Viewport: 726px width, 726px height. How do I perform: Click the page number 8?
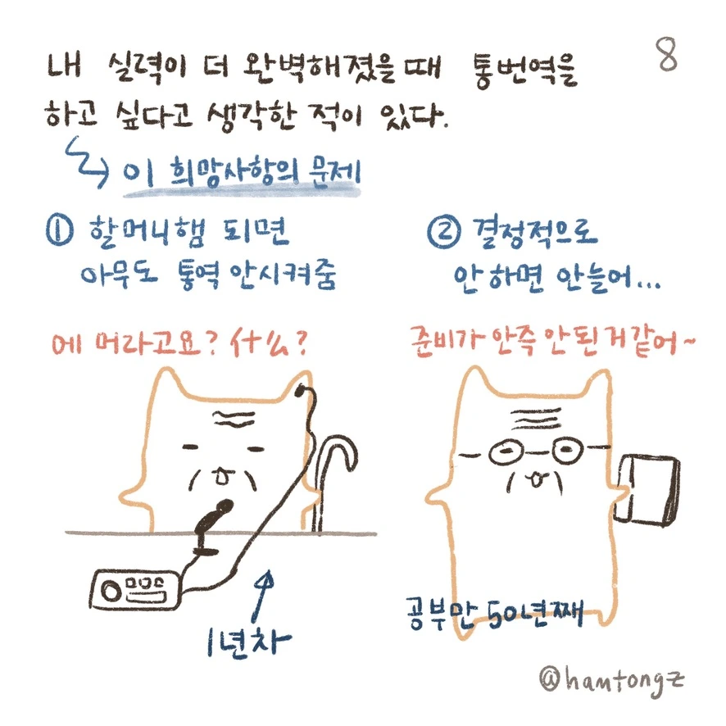[667, 54]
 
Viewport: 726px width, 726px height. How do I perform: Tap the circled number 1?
[59, 230]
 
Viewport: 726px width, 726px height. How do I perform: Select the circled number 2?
[444, 233]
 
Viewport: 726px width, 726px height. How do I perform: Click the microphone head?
[221, 508]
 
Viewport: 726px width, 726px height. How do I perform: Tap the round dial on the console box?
[111, 592]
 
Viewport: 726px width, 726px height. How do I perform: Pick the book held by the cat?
[648, 492]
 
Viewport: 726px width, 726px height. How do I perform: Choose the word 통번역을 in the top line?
[525, 70]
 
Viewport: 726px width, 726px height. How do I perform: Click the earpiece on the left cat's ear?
[302, 391]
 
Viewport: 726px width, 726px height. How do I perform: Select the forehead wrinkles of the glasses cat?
[537, 419]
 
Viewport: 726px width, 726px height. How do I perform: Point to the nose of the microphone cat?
[223, 475]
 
